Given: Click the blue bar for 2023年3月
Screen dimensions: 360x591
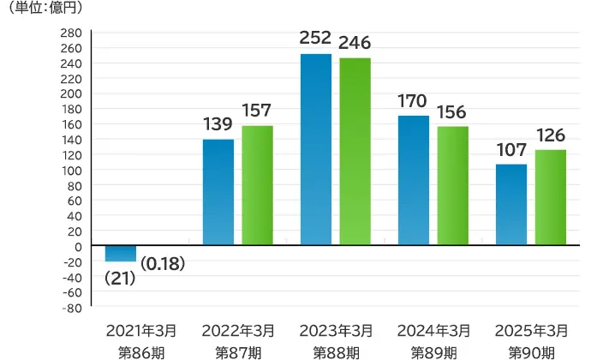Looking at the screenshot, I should (x=316, y=150).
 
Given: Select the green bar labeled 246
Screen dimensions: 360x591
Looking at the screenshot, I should (x=355, y=152).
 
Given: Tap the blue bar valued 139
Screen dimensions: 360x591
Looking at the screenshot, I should (x=218, y=192).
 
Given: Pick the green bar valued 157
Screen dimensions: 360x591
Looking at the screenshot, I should (x=257, y=185).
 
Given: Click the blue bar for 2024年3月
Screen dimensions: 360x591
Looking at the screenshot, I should (x=414, y=181).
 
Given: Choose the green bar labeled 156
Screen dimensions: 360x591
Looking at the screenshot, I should (x=452, y=186).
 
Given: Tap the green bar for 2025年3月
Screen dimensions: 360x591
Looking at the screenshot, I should (x=551, y=198).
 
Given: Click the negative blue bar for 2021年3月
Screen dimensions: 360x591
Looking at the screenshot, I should (x=121, y=254).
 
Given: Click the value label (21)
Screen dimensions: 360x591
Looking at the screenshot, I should (x=120, y=279).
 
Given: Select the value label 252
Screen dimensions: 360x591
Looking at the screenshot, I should (x=315, y=39).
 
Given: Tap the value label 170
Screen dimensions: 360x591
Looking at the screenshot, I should (x=413, y=100).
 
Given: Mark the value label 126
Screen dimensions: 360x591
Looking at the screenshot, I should (x=551, y=135).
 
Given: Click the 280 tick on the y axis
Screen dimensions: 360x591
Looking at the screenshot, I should (x=71, y=33).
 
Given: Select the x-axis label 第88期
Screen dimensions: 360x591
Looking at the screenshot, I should (x=335, y=351).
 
